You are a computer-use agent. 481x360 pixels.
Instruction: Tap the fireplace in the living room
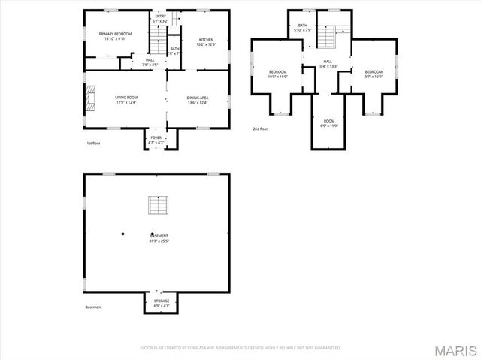click(x=90, y=98)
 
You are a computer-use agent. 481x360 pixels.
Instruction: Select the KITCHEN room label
click(x=206, y=41)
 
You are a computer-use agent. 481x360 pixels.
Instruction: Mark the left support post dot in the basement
click(x=122, y=234)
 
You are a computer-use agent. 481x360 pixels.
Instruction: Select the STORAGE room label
click(x=156, y=303)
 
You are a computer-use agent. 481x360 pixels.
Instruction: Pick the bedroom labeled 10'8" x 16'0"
click(x=277, y=74)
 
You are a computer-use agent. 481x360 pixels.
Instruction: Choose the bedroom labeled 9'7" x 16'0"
click(x=373, y=74)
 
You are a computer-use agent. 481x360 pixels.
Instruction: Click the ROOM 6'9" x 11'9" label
click(x=329, y=123)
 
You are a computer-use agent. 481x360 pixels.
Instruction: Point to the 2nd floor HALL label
click(x=328, y=64)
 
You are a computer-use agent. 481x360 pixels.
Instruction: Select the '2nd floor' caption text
click(x=260, y=129)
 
